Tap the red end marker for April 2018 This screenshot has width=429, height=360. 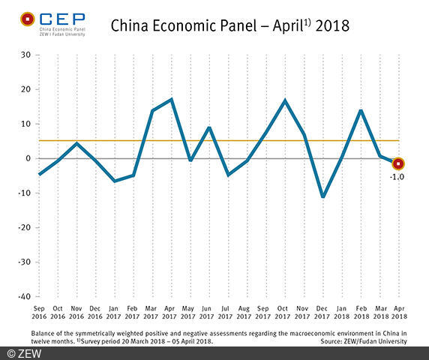(x=398, y=163)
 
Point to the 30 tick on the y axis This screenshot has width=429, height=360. (x=25, y=55)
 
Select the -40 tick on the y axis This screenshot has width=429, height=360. (x=24, y=296)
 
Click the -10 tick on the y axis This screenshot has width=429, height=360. (x=24, y=193)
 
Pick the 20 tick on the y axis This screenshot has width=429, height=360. (x=25, y=89)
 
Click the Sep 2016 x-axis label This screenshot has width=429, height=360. (x=40, y=311)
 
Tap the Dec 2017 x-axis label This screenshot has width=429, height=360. (x=323, y=311)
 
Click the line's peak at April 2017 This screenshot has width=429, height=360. (x=172, y=99)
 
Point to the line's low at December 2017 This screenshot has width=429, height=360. (x=323, y=197)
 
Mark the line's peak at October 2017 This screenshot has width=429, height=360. (x=285, y=100)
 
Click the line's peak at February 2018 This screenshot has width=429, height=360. (x=361, y=110)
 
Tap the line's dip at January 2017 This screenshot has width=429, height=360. (x=115, y=181)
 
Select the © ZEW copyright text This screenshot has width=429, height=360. (x=24, y=352)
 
